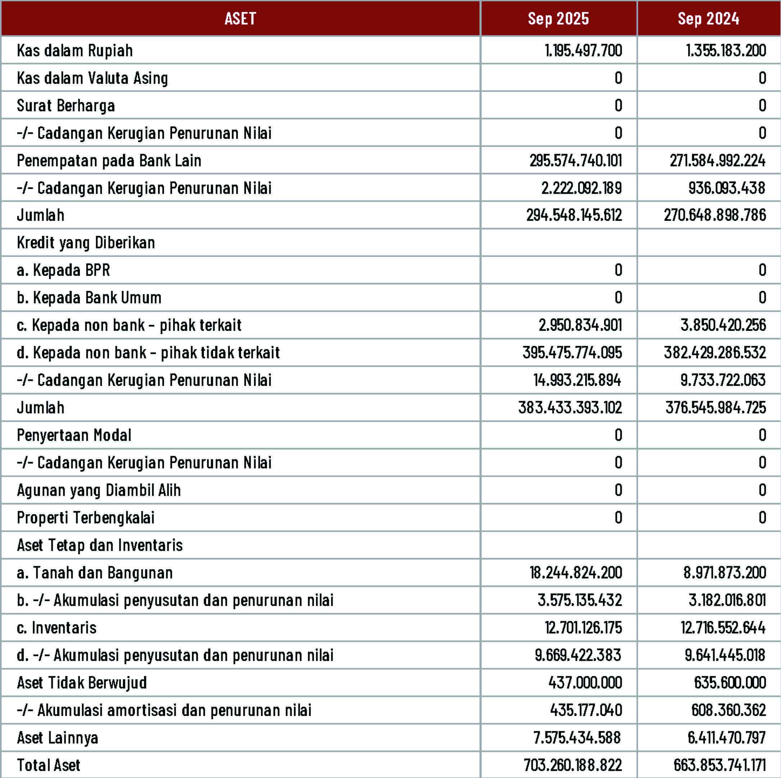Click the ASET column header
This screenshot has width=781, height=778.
pos(240,19)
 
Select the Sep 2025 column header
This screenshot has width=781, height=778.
pos(558,19)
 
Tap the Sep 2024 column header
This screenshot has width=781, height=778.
pos(708,19)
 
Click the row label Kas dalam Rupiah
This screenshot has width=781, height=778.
pos(75,51)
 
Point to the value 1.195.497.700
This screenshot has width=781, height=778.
pos(583,51)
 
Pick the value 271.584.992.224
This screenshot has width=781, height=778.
pos(717,160)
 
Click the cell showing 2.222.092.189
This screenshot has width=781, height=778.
pos(582,188)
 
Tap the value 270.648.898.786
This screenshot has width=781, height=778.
pos(715,215)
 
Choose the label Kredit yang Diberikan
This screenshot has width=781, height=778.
pos(86,242)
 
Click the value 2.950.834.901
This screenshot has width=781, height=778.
pos(580,325)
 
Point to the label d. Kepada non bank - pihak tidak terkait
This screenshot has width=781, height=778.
pos(148,352)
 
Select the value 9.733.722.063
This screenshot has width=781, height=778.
pos(723,380)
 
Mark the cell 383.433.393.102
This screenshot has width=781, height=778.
pos(570,407)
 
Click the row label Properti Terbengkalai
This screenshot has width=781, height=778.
pos(86,518)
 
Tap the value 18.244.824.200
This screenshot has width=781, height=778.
pos(576,573)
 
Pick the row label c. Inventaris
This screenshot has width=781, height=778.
pos(56,628)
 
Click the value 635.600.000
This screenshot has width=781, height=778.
pos(730,683)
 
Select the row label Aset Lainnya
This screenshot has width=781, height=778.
pos(58,738)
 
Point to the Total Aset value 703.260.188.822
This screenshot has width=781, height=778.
pos(572,765)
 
